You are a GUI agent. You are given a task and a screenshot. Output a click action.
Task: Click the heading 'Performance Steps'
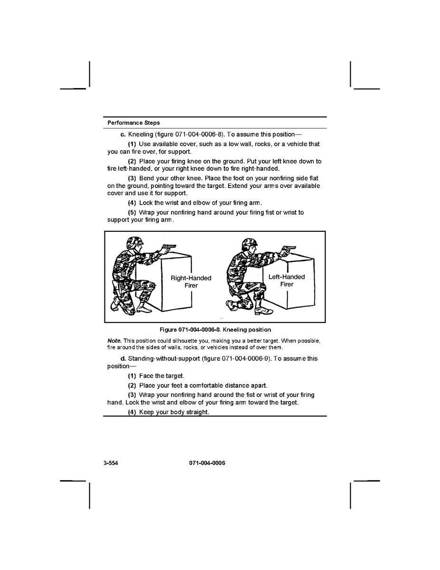click(134, 123)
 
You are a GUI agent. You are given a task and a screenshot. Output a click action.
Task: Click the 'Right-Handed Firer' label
click(191, 282)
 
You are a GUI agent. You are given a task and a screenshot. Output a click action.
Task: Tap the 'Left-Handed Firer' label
click(287, 281)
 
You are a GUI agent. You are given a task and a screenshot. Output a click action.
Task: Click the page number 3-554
click(111, 463)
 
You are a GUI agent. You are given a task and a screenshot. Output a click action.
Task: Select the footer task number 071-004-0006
click(207, 463)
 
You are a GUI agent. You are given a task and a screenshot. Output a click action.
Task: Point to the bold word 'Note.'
click(115, 341)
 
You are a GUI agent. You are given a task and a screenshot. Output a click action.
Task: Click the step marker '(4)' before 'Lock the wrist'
click(132, 203)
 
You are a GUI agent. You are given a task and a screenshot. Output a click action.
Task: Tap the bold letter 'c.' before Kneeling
click(123, 135)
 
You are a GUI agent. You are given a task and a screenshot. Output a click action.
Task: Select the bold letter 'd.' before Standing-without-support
click(124, 358)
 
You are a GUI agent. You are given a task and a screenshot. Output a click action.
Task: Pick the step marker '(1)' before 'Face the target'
click(132, 376)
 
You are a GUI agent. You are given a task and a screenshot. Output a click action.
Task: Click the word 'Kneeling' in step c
click(141, 135)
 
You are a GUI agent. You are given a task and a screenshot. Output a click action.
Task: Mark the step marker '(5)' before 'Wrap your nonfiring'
click(132, 212)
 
